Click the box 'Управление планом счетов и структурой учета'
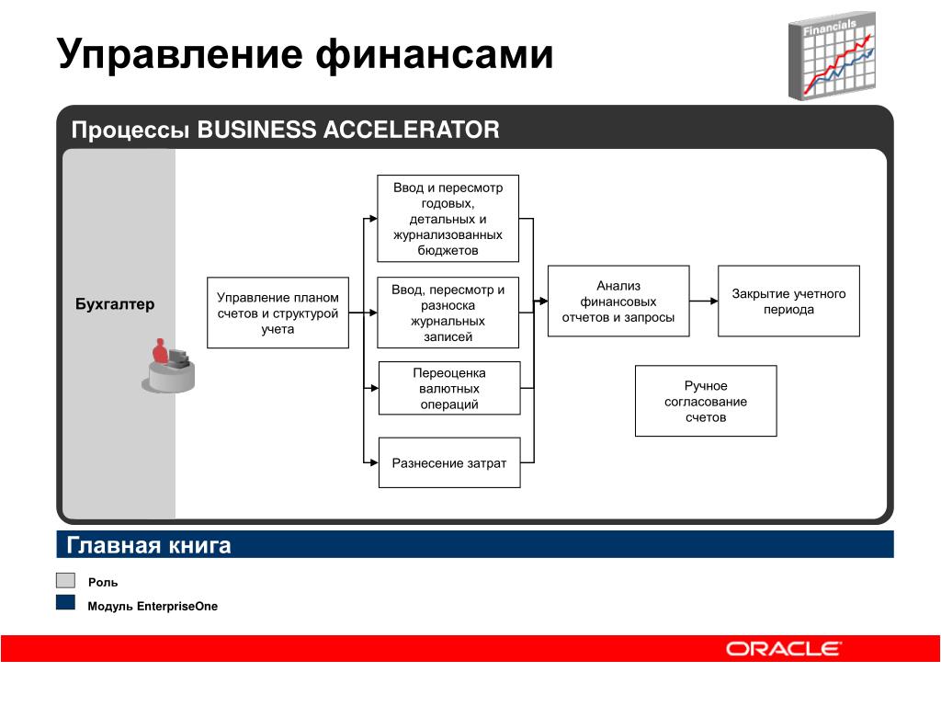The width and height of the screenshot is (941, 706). click(x=278, y=313)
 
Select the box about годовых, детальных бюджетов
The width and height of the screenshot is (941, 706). click(x=448, y=219)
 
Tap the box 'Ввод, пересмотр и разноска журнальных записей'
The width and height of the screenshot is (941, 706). click(x=448, y=313)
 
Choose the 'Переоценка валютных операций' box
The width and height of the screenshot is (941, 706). click(x=449, y=389)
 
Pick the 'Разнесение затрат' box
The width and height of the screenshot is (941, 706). click(x=449, y=463)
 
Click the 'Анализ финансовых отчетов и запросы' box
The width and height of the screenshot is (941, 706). click(x=618, y=301)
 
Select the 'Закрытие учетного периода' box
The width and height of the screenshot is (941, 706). click(x=788, y=301)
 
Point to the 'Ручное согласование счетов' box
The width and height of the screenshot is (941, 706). click(x=706, y=401)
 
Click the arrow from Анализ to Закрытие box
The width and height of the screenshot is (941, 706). click(x=704, y=301)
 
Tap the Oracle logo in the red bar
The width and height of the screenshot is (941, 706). click(x=783, y=649)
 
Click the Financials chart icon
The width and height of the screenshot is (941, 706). click(x=832, y=56)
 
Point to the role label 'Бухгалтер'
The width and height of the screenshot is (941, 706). click(x=115, y=303)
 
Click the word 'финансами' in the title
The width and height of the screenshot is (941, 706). click(x=434, y=54)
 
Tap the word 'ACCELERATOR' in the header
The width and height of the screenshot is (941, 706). click(x=411, y=130)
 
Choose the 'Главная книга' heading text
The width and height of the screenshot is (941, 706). click(x=148, y=545)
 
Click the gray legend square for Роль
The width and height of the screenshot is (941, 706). click(x=65, y=581)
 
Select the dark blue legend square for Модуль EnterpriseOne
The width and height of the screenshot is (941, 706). click(x=65, y=603)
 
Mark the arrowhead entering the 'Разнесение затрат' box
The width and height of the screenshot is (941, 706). click(x=374, y=463)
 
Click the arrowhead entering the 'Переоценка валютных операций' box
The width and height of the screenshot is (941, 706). click(x=374, y=389)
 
